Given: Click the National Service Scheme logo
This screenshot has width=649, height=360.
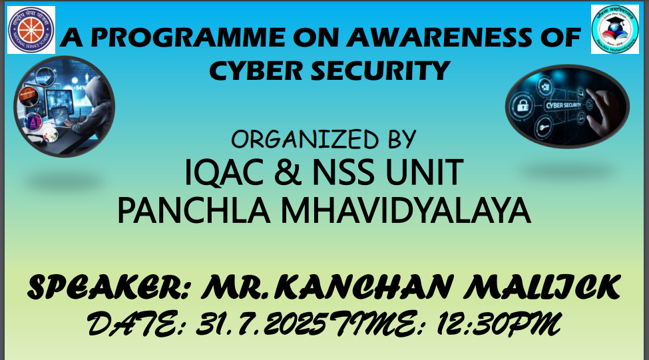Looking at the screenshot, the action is click(x=31, y=30).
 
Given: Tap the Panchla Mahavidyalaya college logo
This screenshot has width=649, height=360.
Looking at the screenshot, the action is click(x=614, y=29).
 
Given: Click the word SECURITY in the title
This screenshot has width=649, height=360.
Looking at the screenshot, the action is click(x=380, y=71).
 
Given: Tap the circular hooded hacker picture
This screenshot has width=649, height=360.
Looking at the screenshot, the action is click(x=64, y=106).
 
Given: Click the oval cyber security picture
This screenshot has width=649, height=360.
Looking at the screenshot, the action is click(x=567, y=106).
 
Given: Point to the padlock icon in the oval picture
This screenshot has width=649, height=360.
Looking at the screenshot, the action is click(x=523, y=106).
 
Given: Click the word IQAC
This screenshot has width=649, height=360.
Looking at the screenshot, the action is click(x=224, y=172).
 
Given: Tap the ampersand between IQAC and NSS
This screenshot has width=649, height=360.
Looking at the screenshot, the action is click(x=288, y=172).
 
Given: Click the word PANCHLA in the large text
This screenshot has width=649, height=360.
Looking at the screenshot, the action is click(x=194, y=211).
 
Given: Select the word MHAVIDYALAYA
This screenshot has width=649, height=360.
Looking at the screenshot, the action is click(x=405, y=211).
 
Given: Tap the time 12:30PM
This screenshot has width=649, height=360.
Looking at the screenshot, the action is click(x=499, y=323).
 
